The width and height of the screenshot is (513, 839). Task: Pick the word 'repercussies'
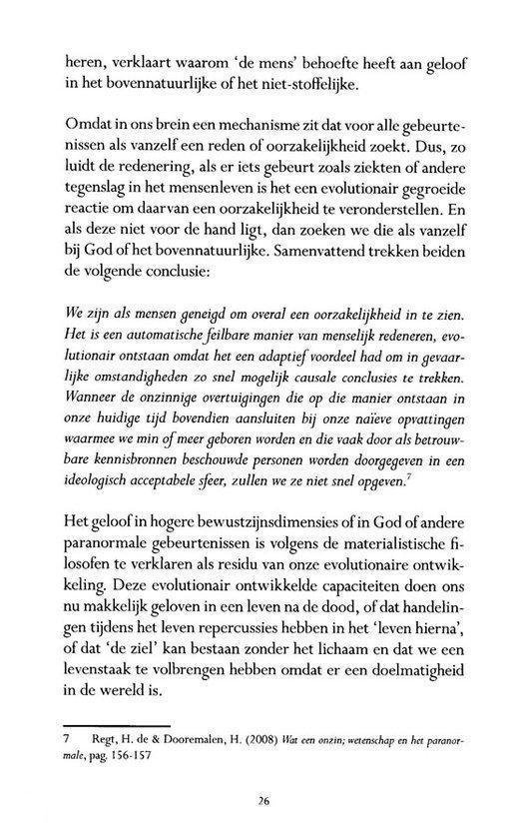[x=227, y=640]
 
